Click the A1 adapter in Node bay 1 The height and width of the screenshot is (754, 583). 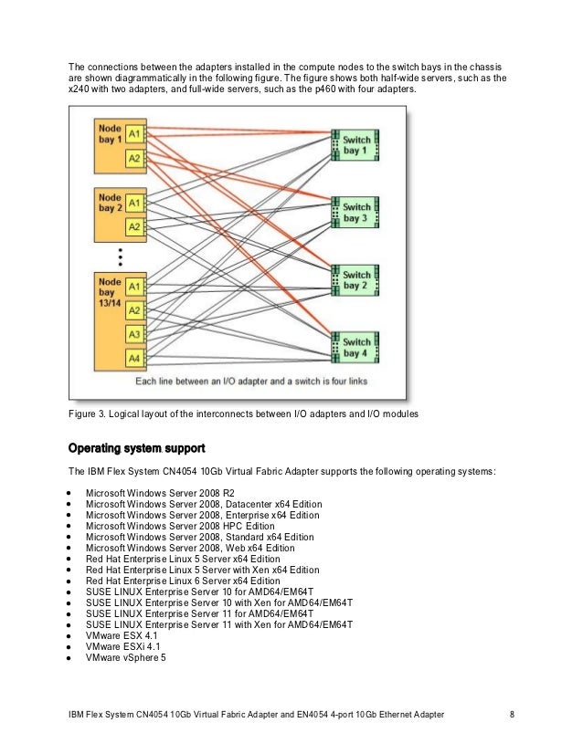pos(134,133)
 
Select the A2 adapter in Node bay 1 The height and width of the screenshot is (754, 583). pos(134,158)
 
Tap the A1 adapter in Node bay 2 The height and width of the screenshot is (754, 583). pos(134,202)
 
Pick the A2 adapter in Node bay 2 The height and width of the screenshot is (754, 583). pos(134,226)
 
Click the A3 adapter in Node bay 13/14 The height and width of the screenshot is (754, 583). pos(134,334)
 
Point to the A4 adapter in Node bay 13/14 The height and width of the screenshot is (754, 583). pos(134,358)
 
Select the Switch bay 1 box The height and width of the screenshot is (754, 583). pos(355,144)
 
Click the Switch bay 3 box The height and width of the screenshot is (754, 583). pos(355,212)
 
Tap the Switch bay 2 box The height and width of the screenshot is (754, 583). pos(355,280)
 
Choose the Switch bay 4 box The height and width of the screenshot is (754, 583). pos(355,348)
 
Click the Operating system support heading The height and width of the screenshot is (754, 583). pos(137,449)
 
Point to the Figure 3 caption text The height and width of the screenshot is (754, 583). pos(243,415)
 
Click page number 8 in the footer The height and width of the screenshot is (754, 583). pos(512,713)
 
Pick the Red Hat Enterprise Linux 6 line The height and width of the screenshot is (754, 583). pos(183,581)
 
